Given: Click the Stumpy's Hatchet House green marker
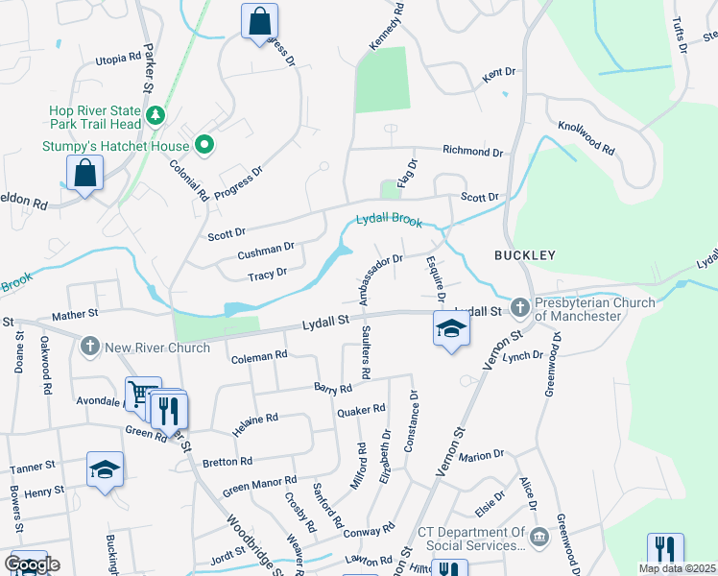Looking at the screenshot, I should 203,146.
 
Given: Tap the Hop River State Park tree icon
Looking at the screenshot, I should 155,117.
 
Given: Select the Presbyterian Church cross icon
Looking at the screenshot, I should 520,309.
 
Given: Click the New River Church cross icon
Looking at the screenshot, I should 90,347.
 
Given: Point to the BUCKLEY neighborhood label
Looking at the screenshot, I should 525,255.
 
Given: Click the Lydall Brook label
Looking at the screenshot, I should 389,220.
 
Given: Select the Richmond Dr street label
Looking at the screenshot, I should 472,152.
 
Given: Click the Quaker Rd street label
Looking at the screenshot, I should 361,411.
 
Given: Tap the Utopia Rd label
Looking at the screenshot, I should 119,59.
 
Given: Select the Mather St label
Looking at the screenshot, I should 76,313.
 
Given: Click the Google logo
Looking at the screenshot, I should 31,564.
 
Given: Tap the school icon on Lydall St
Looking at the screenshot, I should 450,329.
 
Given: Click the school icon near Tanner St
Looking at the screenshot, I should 105,469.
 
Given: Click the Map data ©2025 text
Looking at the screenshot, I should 677,568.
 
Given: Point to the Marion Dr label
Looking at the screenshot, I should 482,454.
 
